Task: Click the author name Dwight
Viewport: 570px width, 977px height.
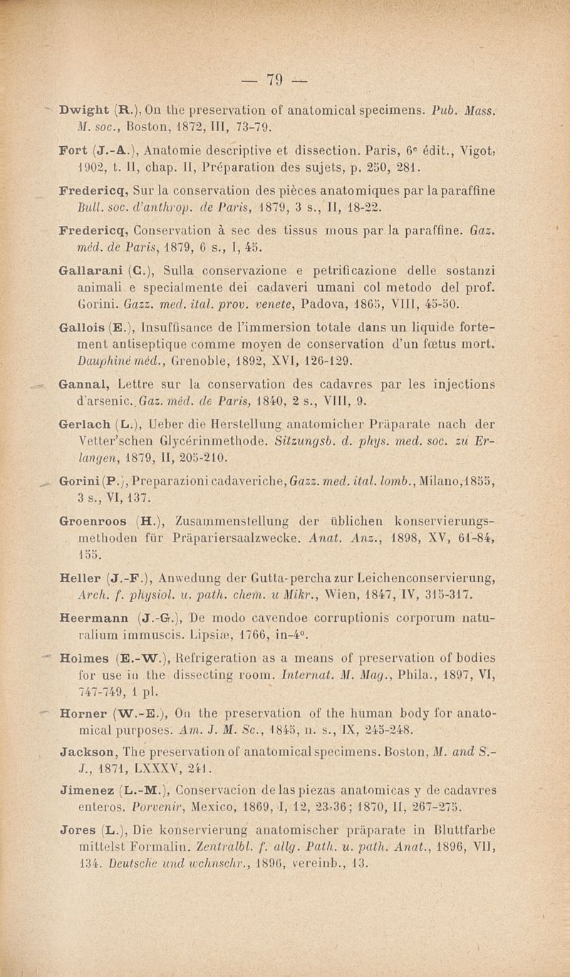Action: tap(84, 111)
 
